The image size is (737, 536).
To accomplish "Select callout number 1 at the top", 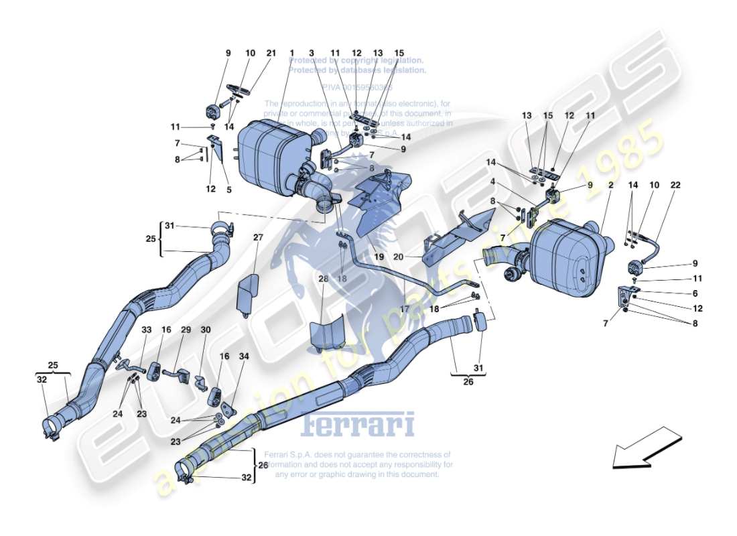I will click(x=292, y=54).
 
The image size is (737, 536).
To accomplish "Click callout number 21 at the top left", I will click(x=271, y=54).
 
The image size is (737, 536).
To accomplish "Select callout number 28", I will click(x=324, y=278).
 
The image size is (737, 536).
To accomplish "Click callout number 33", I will click(x=146, y=330).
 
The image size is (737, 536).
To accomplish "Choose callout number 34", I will click(x=244, y=357).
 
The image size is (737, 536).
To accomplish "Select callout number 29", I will click(x=186, y=330).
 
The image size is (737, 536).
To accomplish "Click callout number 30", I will click(x=206, y=330).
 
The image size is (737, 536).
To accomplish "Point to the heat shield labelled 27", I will click(x=249, y=292).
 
